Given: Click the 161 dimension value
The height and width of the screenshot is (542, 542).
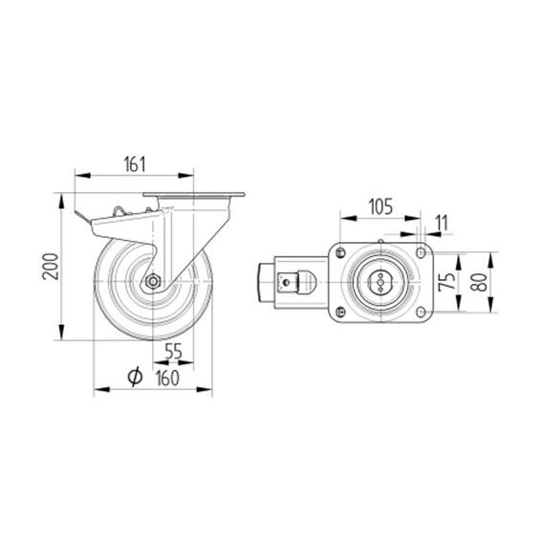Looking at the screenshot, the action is [135, 164].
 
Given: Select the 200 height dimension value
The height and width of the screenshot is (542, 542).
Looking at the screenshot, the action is [51, 267].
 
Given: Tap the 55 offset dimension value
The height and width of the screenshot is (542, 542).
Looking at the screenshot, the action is [173, 352].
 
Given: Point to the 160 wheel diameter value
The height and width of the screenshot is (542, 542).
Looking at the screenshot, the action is [167, 378].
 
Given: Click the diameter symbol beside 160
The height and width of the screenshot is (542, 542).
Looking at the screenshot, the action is [135, 377].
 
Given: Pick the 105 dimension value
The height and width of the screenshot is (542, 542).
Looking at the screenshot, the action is [380, 206].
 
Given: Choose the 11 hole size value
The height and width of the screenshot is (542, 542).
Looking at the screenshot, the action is [441, 223].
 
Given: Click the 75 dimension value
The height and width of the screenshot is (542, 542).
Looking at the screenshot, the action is [447, 281].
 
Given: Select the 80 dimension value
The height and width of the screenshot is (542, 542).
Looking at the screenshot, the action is [480, 282].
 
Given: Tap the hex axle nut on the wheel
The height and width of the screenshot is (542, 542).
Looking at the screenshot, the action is [152, 282].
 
